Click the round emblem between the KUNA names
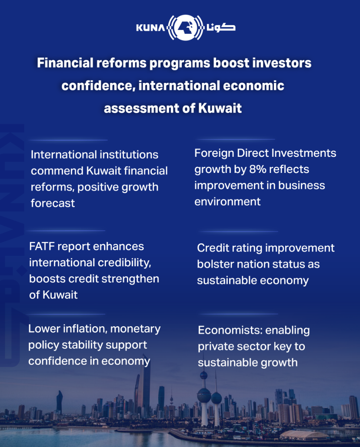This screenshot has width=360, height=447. click(186, 28)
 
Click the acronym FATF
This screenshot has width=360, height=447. click(43, 246)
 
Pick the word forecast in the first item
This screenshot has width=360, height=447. click(53, 203)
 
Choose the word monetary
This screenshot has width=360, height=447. click(135, 329)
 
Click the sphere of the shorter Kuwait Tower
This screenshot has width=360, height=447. click(217, 397)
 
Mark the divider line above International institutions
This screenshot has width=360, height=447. click(68, 140)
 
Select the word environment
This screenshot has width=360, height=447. click(227, 202)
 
